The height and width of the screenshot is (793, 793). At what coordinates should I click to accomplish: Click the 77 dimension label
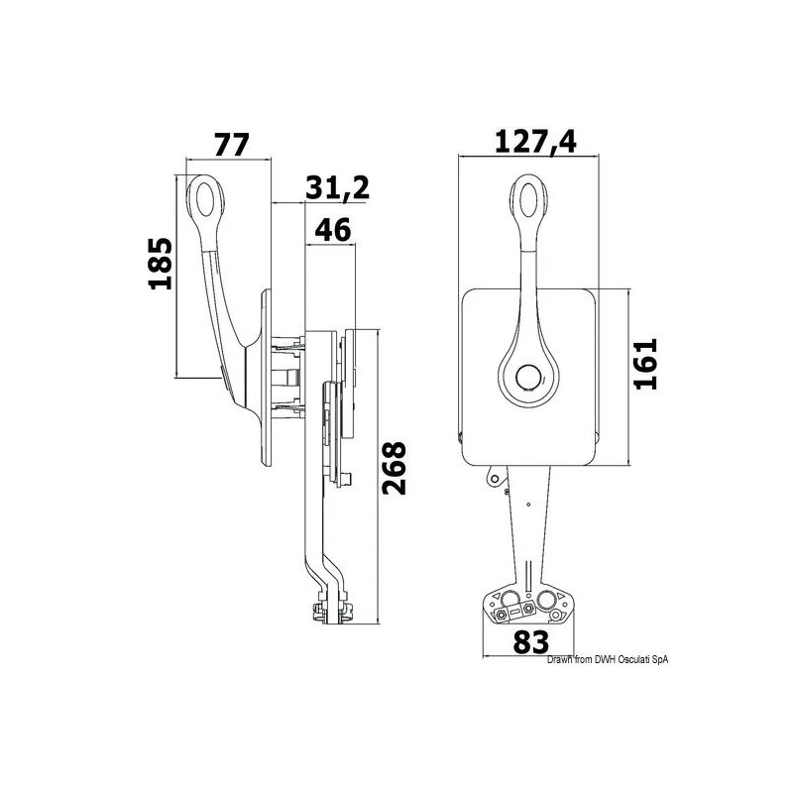pyautogui.click(x=232, y=145)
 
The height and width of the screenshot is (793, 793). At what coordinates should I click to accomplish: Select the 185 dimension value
pyautogui.click(x=161, y=263)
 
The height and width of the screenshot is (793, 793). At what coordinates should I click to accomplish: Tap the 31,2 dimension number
pyautogui.click(x=337, y=187)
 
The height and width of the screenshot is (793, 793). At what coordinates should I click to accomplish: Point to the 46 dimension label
pyautogui.click(x=332, y=230)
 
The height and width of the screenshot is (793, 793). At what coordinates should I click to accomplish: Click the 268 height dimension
pyautogui.click(x=394, y=468)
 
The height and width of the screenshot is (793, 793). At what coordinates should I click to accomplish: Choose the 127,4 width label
pyautogui.click(x=535, y=142)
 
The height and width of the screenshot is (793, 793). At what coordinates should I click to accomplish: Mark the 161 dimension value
pyautogui.click(x=646, y=364)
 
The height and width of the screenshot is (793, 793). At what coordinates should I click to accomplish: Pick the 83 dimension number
pyautogui.click(x=530, y=642)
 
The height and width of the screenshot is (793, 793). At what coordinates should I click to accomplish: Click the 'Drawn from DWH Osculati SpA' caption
pyautogui.click(x=608, y=659)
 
